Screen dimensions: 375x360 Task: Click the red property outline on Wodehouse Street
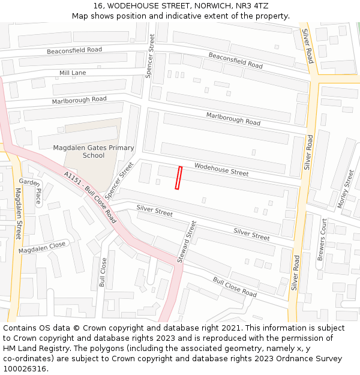tap(178, 178)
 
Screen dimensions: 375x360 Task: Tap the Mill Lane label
tap(73, 73)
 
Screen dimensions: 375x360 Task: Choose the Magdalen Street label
tap(17, 214)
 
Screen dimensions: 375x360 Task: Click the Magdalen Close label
tap(42, 247)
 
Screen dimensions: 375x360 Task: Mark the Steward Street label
tap(187, 242)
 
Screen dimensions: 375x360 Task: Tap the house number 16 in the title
tap(98, 5)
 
